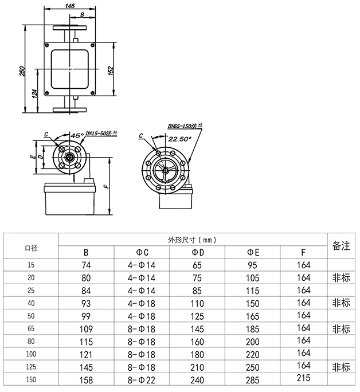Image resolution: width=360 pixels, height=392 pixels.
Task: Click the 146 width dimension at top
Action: click(x=70, y=6)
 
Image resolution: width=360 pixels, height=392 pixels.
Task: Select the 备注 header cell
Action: click(x=341, y=246)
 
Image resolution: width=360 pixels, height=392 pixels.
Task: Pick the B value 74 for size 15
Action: click(x=86, y=265)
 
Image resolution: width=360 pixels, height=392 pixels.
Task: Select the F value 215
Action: click(x=304, y=378)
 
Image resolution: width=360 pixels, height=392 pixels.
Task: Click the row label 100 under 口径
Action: click(x=31, y=354)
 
